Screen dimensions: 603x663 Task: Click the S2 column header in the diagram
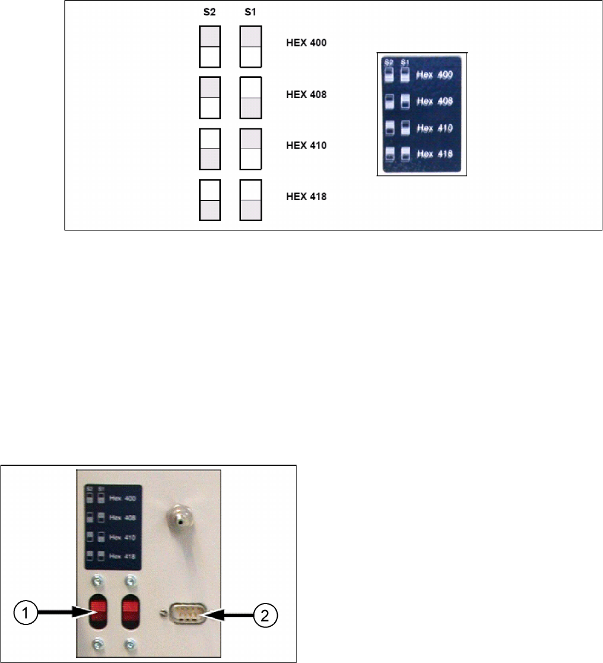click(210, 12)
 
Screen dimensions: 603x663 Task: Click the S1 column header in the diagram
click(251, 12)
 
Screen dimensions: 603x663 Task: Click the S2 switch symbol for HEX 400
click(210, 46)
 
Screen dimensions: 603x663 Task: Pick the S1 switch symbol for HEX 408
click(251, 97)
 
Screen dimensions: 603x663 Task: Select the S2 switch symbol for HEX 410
click(210, 148)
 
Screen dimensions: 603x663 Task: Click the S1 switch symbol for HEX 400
click(251, 46)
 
